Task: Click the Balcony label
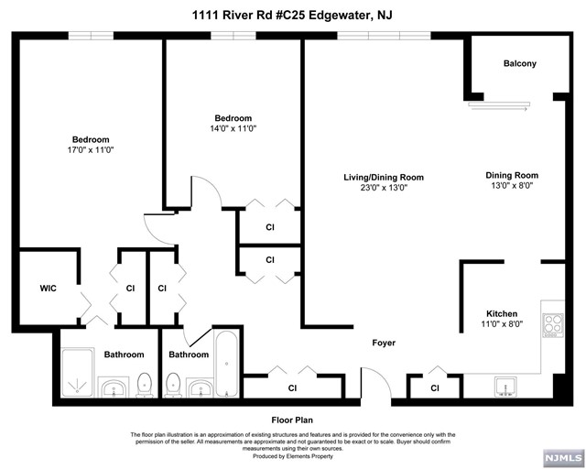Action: coord(519,63)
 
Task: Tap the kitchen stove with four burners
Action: coord(552,323)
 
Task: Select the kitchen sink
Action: coord(507,387)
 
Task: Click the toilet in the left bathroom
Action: coord(143,385)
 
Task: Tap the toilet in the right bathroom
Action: coord(172,385)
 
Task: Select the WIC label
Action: coord(48,289)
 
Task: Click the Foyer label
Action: coord(384,344)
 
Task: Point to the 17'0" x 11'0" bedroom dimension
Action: coord(90,149)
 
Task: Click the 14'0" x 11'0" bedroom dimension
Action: coord(233,129)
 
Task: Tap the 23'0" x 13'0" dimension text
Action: coord(384,188)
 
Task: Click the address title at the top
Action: coord(293,14)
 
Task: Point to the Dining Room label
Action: coord(512,175)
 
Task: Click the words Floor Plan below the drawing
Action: coord(292,420)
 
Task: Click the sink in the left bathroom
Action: coord(114,388)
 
